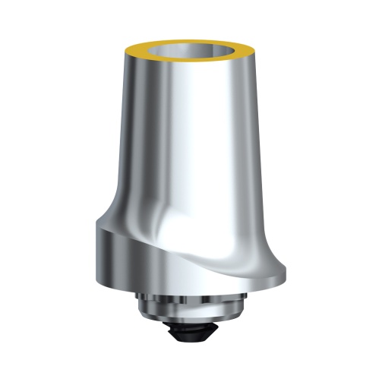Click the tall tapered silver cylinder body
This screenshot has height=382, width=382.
tap(190, 137)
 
